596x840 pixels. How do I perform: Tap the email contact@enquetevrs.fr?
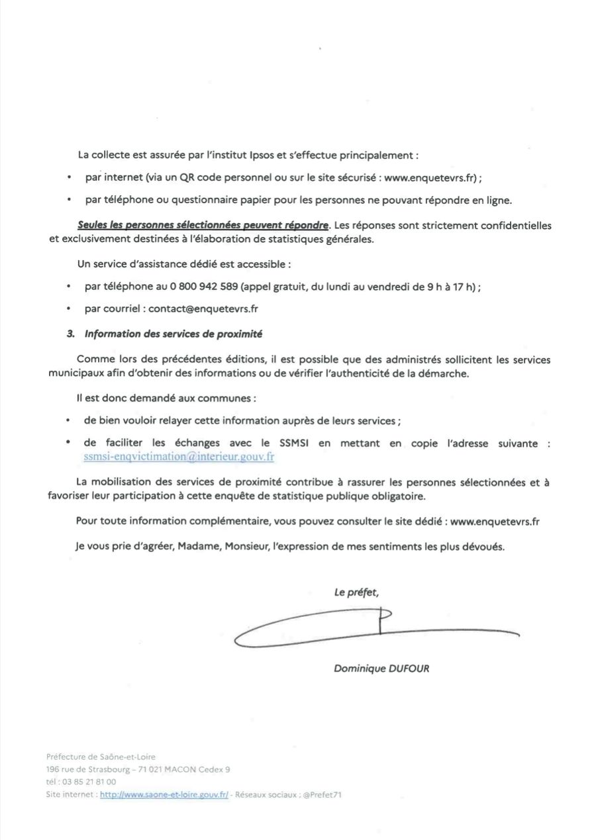[x=203, y=308]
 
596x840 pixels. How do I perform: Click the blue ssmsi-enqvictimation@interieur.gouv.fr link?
[x=179, y=456]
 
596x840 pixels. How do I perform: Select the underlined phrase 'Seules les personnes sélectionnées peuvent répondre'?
[x=203, y=226]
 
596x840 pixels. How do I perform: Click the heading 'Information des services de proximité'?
[x=178, y=334]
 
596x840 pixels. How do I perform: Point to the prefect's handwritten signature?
[x=371, y=626]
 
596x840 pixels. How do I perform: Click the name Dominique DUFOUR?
[x=381, y=669]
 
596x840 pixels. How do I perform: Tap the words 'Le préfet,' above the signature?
[x=356, y=592]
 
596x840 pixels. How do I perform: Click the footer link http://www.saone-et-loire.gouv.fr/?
[x=164, y=794]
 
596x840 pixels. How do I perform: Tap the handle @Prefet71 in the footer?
[x=323, y=794]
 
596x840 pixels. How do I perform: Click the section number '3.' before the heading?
[x=71, y=334]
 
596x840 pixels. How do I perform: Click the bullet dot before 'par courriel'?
[x=69, y=308]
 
